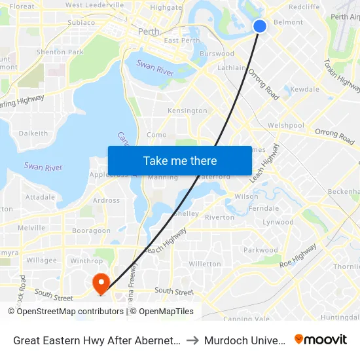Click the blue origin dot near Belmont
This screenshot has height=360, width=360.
tap(260, 26)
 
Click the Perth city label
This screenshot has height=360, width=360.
tap(149, 31)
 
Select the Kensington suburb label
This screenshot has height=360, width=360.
tap(187, 111)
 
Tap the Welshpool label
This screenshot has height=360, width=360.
tap(286, 125)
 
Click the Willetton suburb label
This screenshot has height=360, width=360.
tap(204, 264)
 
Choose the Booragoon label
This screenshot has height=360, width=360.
tap(91, 230)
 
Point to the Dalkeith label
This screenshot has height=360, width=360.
tap(33, 133)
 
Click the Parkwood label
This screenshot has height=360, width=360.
tap(261, 250)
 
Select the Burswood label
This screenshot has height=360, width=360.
tap(217, 54)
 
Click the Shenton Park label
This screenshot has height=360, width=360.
tap(60, 52)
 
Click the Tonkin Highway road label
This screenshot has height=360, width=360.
tap(342, 75)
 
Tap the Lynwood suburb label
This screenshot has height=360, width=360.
tap(278, 222)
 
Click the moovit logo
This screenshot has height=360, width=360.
tap(321, 339)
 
